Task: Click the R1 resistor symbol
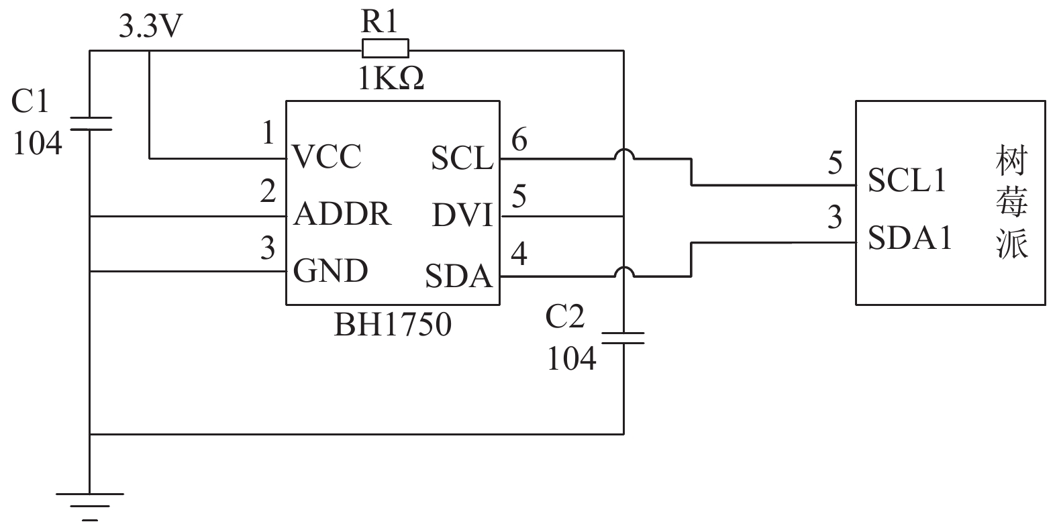click(x=385, y=48)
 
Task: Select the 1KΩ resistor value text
click(x=391, y=78)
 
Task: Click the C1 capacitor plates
click(x=91, y=123)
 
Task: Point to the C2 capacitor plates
click(x=623, y=337)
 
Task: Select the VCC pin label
click(x=327, y=157)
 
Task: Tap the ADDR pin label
click(x=342, y=214)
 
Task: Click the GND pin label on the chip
click(x=330, y=271)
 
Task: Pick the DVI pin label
click(x=462, y=215)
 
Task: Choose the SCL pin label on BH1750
click(x=462, y=158)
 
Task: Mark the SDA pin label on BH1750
click(x=458, y=276)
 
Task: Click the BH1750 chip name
click(x=393, y=325)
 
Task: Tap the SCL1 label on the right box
click(x=907, y=180)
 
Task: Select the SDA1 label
click(x=910, y=238)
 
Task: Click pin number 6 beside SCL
click(x=519, y=140)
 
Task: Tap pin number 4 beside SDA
click(x=519, y=254)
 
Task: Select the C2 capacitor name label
click(x=564, y=316)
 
